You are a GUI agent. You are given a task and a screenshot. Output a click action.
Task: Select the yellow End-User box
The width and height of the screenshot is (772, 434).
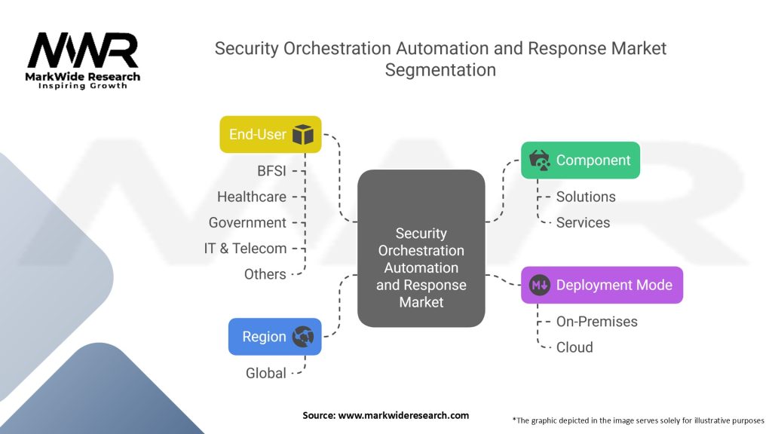tap(270, 134)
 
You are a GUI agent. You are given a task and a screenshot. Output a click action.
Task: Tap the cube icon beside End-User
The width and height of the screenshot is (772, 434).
tap(302, 135)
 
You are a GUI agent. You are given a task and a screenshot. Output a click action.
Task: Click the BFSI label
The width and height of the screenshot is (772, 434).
tap(271, 171)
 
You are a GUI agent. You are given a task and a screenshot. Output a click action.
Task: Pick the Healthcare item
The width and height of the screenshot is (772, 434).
tap(252, 197)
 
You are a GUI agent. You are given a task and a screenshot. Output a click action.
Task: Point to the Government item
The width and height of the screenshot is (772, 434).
tap(247, 222)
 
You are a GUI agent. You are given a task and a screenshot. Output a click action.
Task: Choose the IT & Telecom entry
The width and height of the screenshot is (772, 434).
tap(245, 248)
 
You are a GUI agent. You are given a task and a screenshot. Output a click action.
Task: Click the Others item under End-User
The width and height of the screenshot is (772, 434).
tap(265, 274)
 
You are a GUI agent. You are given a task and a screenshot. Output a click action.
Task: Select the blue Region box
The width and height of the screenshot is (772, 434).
tap(274, 337)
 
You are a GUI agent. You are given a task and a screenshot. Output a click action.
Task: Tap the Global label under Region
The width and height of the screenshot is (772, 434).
tap(265, 373)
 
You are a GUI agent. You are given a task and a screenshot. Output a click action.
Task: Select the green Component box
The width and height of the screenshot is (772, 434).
tap(581, 160)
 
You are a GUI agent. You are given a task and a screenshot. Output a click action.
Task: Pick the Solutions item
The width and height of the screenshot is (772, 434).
tap(586, 197)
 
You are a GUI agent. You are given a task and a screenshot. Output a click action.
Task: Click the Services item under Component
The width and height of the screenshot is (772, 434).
tap(583, 222)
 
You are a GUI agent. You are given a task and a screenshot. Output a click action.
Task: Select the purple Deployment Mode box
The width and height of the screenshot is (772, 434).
tap(602, 286)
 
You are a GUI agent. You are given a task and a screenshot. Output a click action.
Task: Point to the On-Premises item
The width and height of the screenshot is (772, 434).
tap(596, 322)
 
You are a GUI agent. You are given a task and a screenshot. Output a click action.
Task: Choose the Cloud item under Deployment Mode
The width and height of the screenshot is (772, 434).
tap(574, 347)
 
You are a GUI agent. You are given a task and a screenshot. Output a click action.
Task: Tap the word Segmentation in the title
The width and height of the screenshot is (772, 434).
tap(440, 70)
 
